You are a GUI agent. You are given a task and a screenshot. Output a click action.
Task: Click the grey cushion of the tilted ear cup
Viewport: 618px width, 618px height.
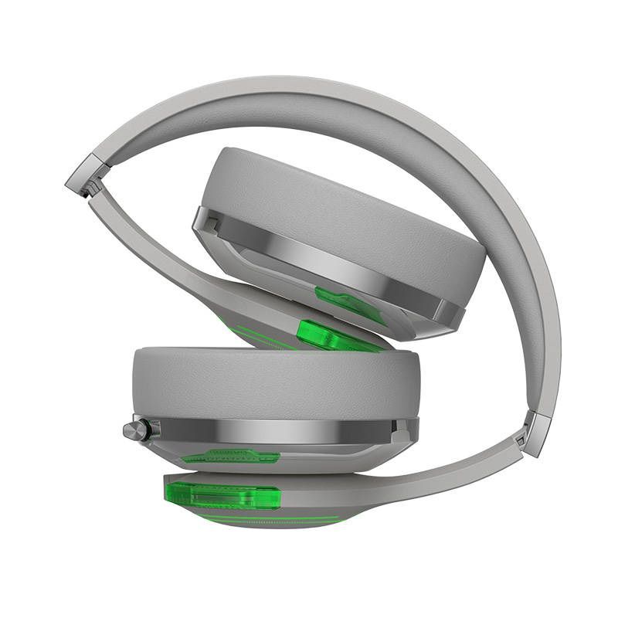coord(348,201)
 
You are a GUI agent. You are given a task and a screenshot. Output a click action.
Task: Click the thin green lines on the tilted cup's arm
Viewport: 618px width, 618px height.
coord(255,328)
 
